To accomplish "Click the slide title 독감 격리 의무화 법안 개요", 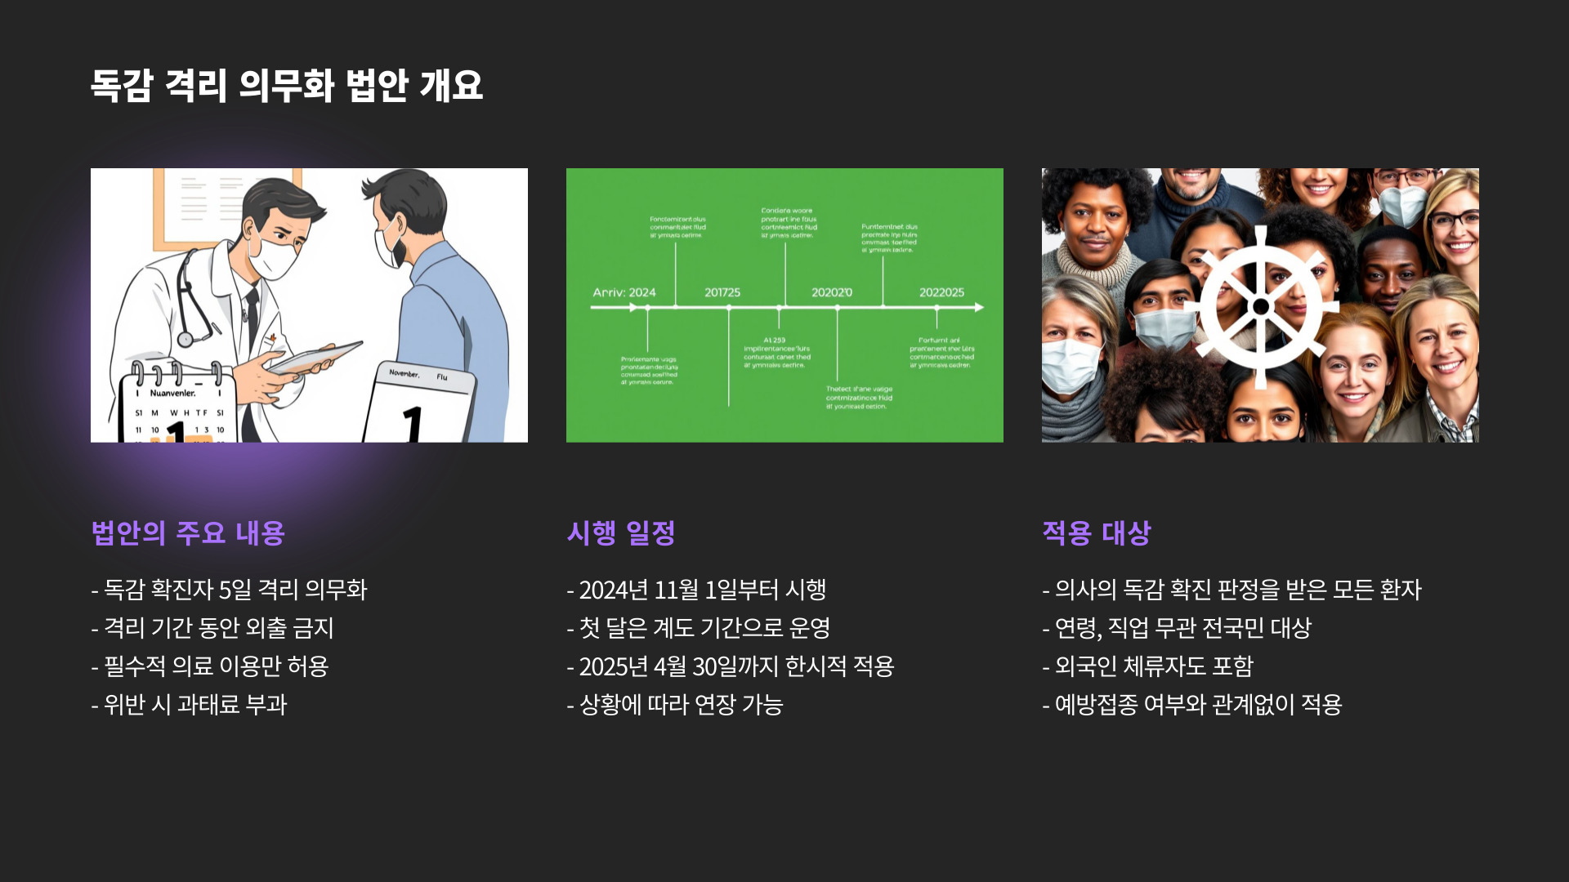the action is [286, 85].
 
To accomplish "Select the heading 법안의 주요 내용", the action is [188, 533].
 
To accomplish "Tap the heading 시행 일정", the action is [621, 533].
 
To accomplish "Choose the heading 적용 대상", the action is [1096, 533].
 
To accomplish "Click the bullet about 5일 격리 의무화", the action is [230, 590].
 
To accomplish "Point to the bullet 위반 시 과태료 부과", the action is [190, 705].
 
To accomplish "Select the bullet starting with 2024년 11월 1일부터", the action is [697, 590].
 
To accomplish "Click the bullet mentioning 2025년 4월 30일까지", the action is [731, 666].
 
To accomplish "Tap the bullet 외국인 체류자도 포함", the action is [1147, 666].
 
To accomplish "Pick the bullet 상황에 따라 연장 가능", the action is [675, 705].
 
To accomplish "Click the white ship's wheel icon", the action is [1260, 307].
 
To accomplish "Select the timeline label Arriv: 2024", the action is [624, 292].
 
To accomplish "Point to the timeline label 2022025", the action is [941, 292].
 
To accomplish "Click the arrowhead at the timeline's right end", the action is [979, 307].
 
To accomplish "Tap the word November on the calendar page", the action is [405, 373].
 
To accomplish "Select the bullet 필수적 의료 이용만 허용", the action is [210, 666].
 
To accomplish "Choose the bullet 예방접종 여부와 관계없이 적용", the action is [1192, 705].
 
